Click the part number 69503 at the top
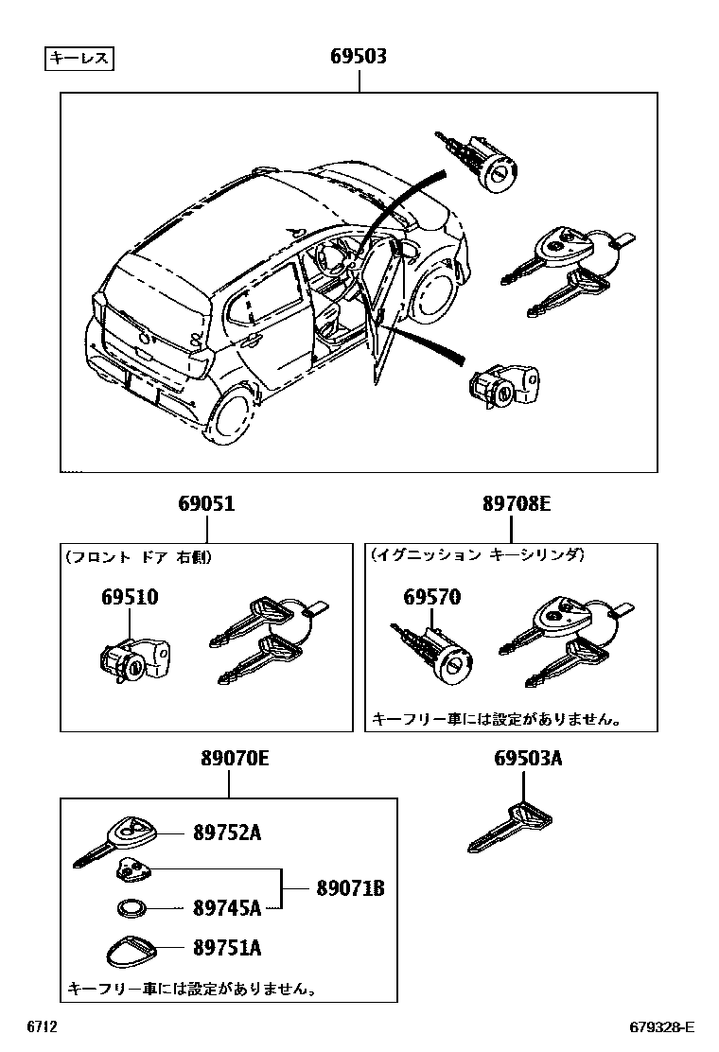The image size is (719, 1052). pos(358,58)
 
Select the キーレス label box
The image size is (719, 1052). pos(80,60)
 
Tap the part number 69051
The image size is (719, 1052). pos(206,504)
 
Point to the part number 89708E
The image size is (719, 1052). pos(516,504)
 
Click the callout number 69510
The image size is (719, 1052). pos(130,598)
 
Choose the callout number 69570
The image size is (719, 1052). pos(431,598)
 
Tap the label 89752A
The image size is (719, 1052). pos(226,833)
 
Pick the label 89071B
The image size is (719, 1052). pos(349,888)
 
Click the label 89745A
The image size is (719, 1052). pos(226,908)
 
